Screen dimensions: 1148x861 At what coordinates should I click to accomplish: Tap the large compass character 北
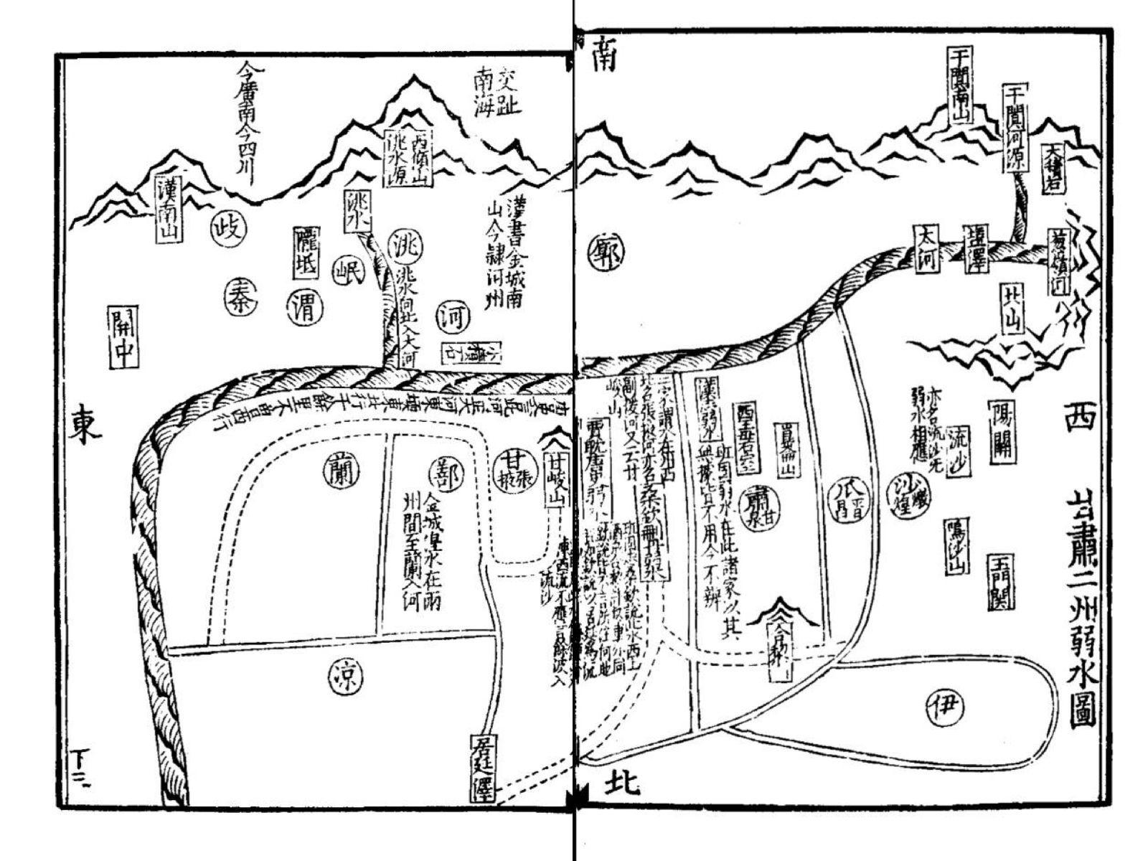point(621,783)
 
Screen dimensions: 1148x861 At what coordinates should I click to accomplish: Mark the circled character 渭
point(304,307)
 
